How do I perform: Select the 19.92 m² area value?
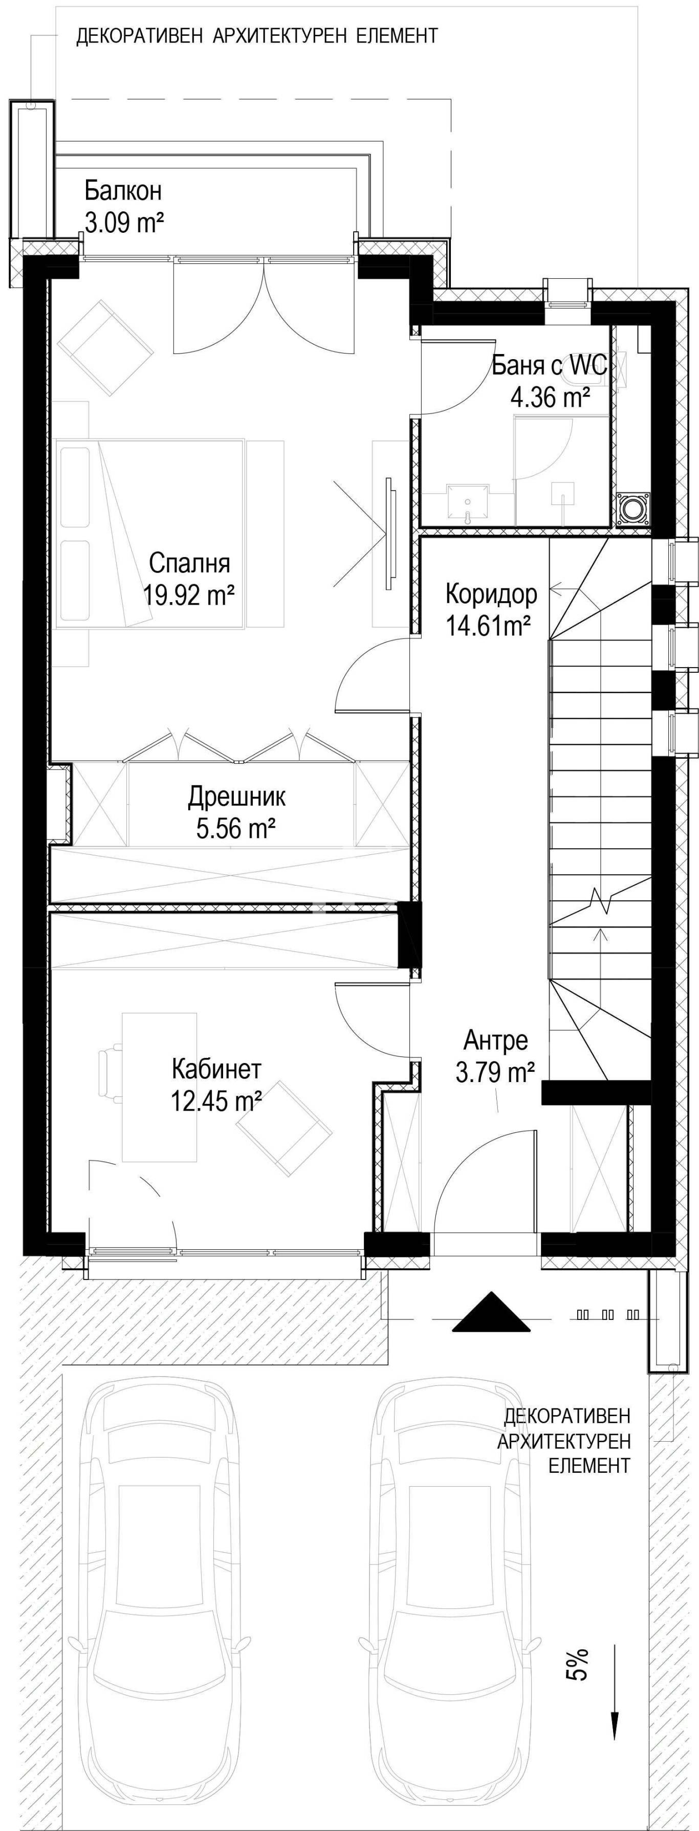pos(189,594)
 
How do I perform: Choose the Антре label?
pos(496,1040)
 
